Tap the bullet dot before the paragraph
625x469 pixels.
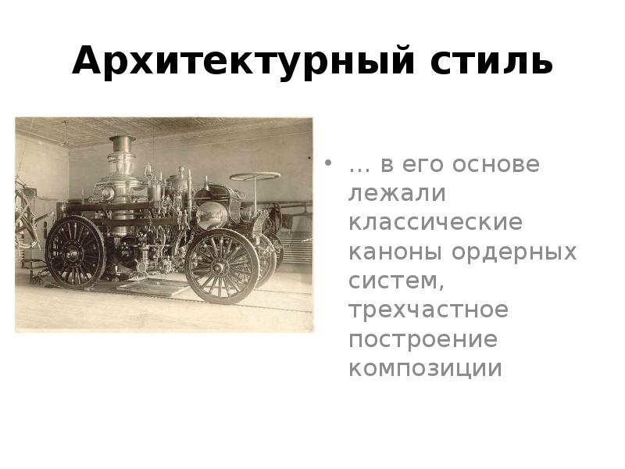[x=330, y=166]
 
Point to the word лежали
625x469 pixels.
[x=392, y=194]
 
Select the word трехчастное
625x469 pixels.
[x=428, y=310]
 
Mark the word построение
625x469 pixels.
[x=423, y=339]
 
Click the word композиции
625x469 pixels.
[x=426, y=368]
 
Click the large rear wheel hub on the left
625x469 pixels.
[x=75, y=252]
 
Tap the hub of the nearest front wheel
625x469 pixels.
[x=221, y=263]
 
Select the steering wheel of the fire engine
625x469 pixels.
[x=255, y=177]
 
